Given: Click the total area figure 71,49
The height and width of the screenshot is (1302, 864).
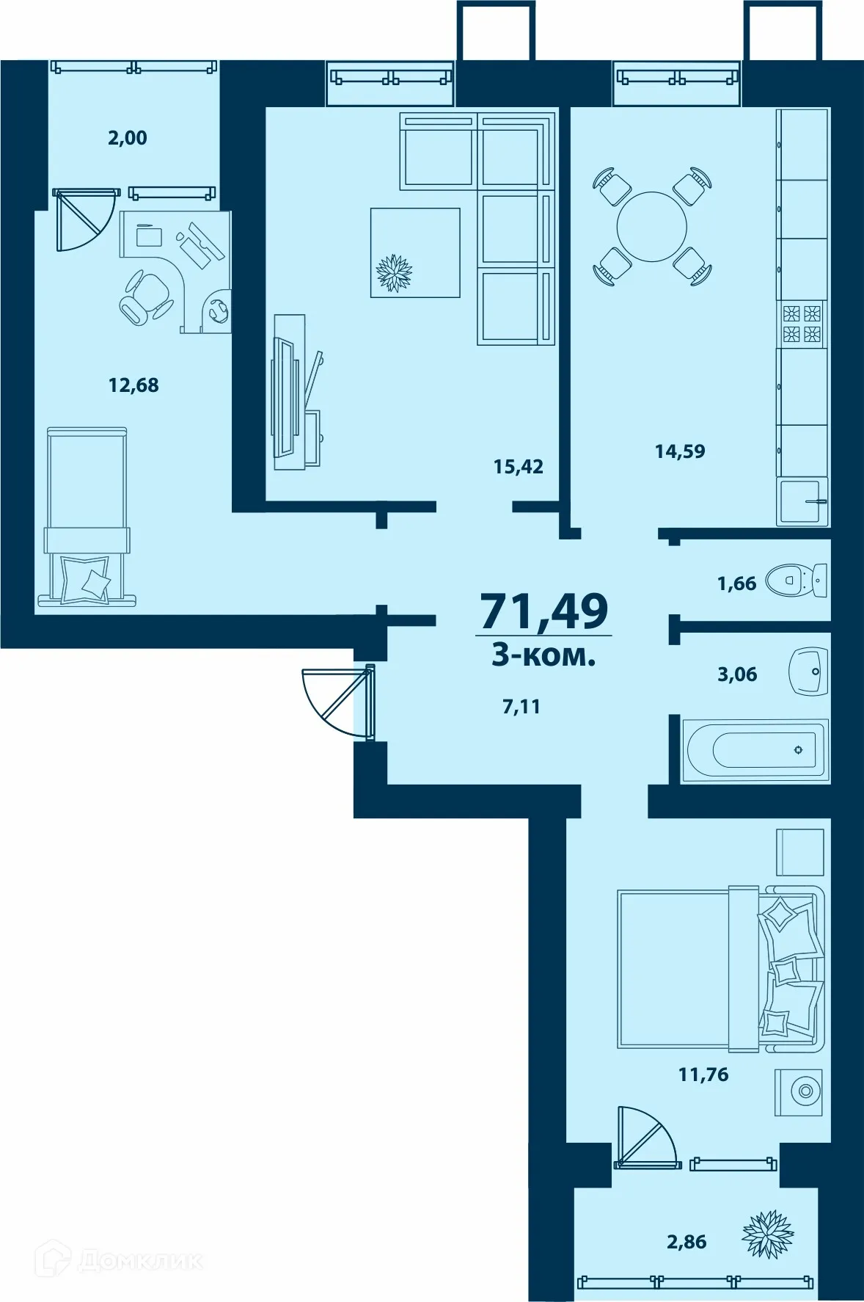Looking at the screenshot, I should [x=543, y=611].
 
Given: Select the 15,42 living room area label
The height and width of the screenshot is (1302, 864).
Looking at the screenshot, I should [x=519, y=467].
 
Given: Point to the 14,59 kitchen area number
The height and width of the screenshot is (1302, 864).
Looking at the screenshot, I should [x=680, y=451].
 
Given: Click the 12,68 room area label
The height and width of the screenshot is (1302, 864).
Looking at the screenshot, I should [x=133, y=385].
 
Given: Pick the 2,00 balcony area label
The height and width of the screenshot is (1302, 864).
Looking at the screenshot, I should [x=128, y=137].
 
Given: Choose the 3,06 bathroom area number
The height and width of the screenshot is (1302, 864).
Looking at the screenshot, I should [x=737, y=674].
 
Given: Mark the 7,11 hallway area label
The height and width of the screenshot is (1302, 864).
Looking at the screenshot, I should [x=521, y=707].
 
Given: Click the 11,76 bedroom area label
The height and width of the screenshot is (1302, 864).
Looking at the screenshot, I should [x=703, y=1074].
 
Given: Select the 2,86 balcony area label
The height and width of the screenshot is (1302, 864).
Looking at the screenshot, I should [x=687, y=1242].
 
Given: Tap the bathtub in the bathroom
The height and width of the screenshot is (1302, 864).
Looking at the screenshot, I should [x=755, y=750].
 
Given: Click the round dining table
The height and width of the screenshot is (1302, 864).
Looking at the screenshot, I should [x=651, y=227].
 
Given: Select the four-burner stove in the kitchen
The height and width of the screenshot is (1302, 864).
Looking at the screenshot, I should [x=802, y=324].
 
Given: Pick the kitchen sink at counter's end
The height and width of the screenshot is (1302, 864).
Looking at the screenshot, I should [x=802, y=502].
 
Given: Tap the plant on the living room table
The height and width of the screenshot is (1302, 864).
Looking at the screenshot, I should [x=394, y=272].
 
